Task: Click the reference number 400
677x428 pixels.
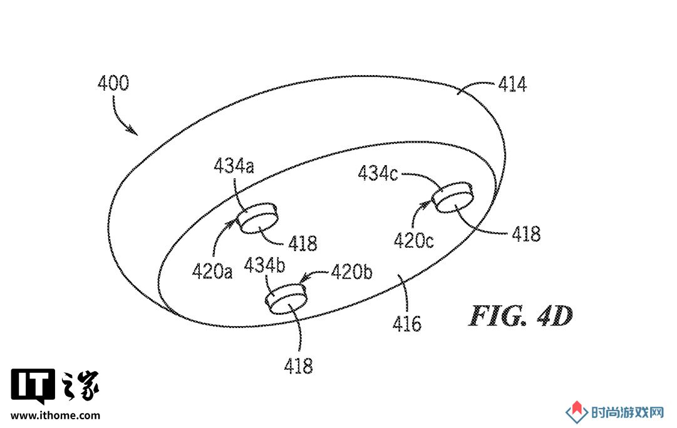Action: pyautogui.click(x=113, y=83)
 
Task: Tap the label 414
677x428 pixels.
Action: pyautogui.click(x=512, y=84)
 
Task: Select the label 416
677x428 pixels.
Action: pyautogui.click(x=406, y=324)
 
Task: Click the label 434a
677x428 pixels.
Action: pyautogui.click(x=234, y=166)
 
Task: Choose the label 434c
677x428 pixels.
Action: pyautogui.click(x=378, y=173)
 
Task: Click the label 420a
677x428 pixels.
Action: pyautogui.click(x=212, y=272)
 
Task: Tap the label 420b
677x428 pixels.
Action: pyautogui.click(x=351, y=272)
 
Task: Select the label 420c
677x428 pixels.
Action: pyautogui.click(x=413, y=241)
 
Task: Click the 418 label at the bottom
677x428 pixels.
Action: pyautogui.click(x=298, y=366)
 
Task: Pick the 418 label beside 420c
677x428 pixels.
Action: pyautogui.click(x=526, y=234)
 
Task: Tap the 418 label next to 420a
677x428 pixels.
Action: pyautogui.click(x=302, y=244)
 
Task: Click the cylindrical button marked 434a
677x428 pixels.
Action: pyautogui.click(x=258, y=218)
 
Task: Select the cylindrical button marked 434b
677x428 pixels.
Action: pyautogui.click(x=286, y=298)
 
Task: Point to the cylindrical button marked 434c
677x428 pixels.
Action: pyautogui.click(x=453, y=197)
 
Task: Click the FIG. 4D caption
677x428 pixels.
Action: pyautogui.click(x=521, y=316)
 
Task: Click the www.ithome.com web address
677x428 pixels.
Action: pyautogui.click(x=55, y=416)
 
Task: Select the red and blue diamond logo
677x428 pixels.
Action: pyautogui.click(x=577, y=412)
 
